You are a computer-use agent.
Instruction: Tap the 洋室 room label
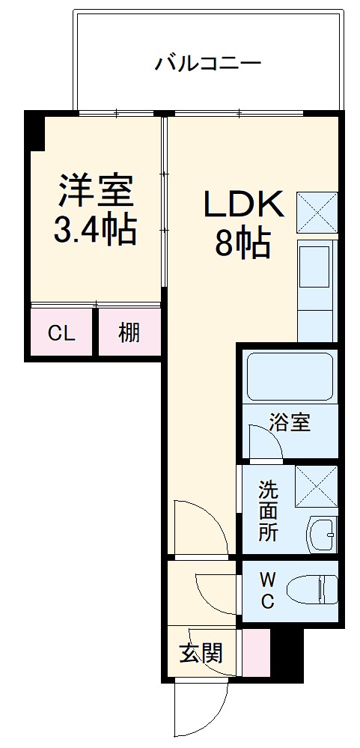point(96,191)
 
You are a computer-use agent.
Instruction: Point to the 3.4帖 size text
point(95,230)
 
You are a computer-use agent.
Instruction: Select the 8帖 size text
point(242,243)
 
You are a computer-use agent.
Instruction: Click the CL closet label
point(61,333)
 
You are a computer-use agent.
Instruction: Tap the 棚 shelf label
point(129,332)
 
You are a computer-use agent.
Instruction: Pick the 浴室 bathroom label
point(290,422)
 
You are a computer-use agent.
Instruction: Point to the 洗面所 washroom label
point(267,511)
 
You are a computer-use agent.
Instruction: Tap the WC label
point(267,589)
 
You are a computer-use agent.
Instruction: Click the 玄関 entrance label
point(201,653)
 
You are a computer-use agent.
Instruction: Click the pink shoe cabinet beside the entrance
point(256,654)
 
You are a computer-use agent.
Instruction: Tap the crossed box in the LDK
point(317,213)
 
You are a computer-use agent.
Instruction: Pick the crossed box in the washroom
point(316,486)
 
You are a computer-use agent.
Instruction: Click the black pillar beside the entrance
point(287,654)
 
